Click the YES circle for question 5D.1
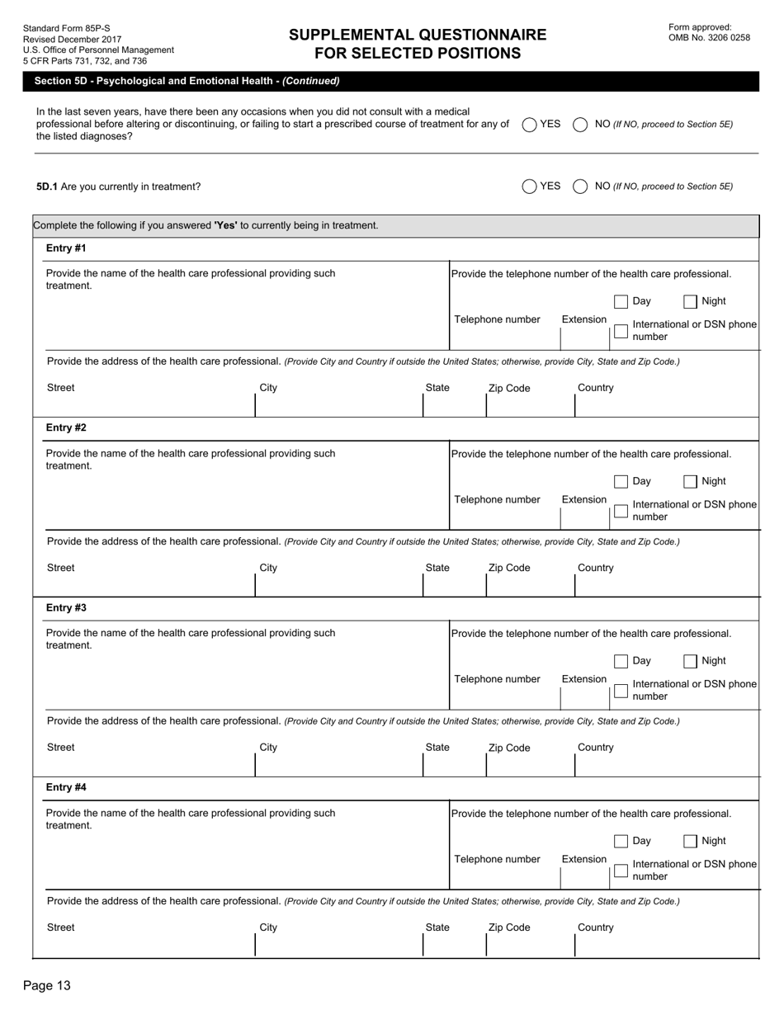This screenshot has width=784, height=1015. click(529, 186)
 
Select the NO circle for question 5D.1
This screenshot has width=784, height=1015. click(580, 186)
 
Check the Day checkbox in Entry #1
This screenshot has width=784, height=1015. click(621, 301)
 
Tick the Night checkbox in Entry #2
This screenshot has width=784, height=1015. click(691, 481)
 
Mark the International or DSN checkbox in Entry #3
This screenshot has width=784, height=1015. click(621, 691)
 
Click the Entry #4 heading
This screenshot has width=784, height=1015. click(66, 787)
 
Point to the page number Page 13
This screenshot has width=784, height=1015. click(47, 985)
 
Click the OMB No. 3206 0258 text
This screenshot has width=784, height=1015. click(709, 38)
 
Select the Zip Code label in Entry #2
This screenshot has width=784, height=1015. click(509, 568)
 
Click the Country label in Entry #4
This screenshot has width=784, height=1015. click(596, 928)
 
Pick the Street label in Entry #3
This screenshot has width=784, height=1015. click(60, 748)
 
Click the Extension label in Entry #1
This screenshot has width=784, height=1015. click(584, 319)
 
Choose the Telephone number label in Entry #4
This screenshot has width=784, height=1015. click(497, 859)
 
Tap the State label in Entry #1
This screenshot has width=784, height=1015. click(437, 388)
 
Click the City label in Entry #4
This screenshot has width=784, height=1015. click(268, 928)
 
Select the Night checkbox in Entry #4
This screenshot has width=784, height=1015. click(691, 841)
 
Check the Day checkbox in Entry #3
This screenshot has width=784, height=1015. click(621, 661)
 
